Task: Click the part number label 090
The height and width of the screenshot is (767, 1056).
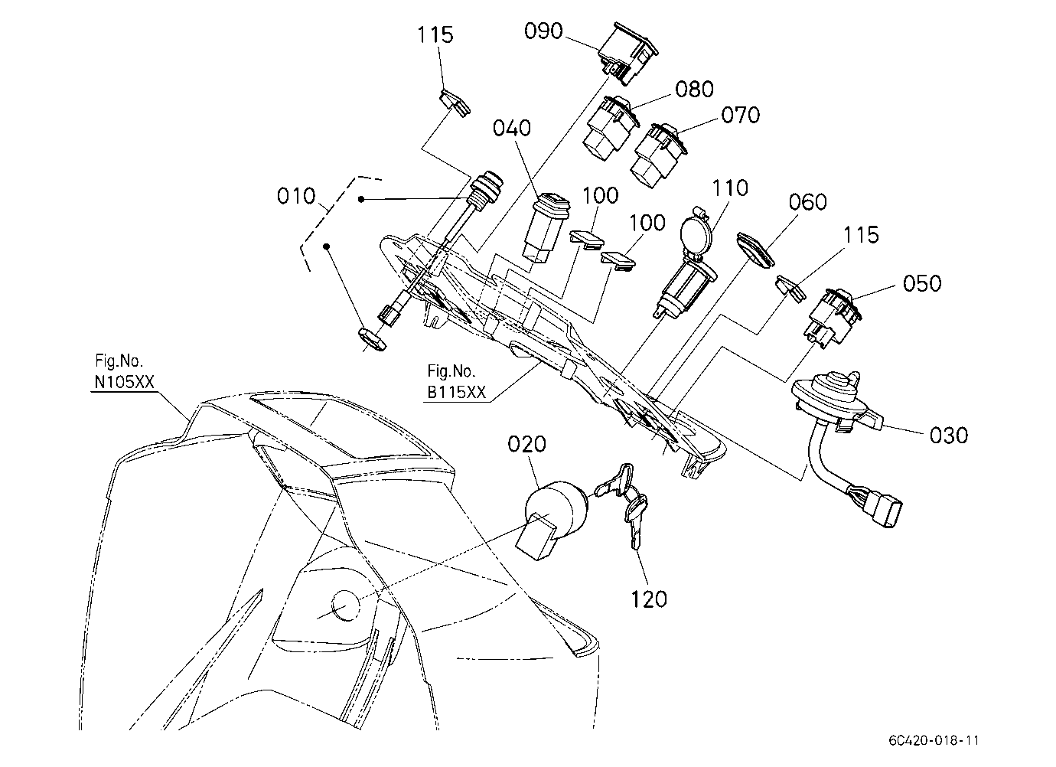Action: point(543,31)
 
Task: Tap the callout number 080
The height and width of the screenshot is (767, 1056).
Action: point(694,89)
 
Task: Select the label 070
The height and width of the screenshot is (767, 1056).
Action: point(740,115)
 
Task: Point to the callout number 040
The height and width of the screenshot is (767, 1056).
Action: point(512,128)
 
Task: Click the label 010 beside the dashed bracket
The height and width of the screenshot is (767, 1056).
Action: point(295,196)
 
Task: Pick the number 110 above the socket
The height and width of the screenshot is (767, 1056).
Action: point(730,188)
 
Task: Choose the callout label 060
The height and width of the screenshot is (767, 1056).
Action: point(807,202)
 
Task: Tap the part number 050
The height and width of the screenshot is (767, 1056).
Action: point(921,283)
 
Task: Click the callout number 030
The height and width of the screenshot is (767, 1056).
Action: point(949,435)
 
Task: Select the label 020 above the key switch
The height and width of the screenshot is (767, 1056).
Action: point(526,444)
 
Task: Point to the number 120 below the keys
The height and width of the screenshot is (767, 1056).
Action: point(649,599)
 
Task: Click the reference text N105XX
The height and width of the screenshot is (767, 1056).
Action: point(124,382)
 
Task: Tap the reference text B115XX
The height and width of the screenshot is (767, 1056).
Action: point(456,392)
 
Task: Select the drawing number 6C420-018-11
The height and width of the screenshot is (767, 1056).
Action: point(934,740)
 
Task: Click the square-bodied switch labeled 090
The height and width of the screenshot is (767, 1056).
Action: point(627,54)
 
